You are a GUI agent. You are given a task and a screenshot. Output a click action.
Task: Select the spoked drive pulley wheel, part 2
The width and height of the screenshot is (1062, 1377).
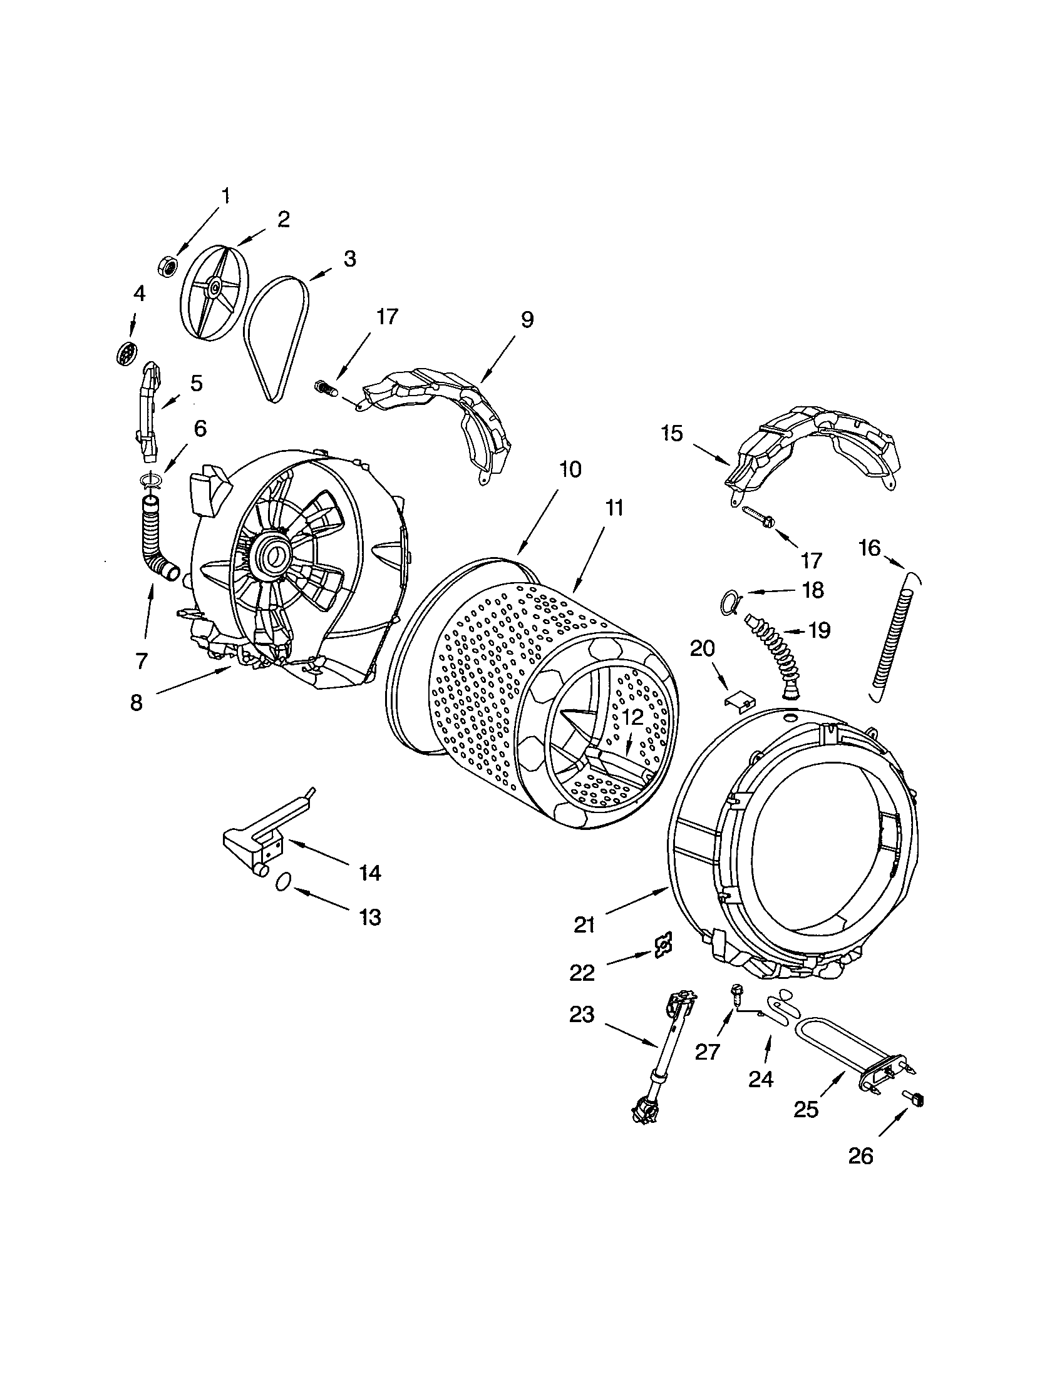(214, 289)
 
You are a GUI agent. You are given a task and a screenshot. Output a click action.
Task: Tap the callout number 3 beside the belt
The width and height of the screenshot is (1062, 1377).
(349, 259)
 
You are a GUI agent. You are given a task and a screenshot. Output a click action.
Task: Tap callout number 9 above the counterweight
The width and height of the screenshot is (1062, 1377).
(527, 320)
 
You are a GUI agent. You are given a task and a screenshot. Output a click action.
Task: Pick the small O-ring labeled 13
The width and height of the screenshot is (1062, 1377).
(283, 881)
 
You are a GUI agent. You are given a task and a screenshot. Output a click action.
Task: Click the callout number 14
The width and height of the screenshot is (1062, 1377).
(370, 873)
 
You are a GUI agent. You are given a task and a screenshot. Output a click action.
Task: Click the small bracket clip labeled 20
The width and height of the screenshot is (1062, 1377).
(738, 700)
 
